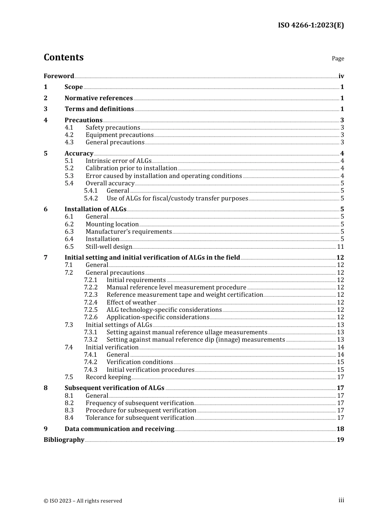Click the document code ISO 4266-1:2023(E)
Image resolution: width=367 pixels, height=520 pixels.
(311, 25)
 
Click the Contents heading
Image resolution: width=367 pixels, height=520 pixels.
(63, 57)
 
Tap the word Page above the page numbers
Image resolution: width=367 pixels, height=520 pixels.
(338, 58)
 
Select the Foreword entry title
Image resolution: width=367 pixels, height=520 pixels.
(59, 76)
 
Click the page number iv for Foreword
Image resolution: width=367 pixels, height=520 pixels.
(341, 76)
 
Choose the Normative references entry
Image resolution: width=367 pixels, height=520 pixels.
(99, 98)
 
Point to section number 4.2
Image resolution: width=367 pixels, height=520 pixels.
(69, 135)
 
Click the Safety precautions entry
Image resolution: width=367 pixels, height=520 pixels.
(113, 128)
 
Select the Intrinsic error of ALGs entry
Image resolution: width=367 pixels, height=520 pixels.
(119, 161)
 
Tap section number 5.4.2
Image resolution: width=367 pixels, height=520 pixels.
(91, 198)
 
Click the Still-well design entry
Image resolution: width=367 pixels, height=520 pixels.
(109, 247)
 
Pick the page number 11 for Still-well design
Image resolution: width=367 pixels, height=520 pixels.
(340, 247)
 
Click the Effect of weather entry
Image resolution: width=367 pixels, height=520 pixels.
(131, 303)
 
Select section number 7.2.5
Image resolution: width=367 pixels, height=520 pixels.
(91, 310)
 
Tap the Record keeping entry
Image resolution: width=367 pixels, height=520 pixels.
(108, 377)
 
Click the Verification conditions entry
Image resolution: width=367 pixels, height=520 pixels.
(139, 362)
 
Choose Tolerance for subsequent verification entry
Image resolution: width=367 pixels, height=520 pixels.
(140, 418)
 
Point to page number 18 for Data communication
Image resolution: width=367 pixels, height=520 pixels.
(340, 429)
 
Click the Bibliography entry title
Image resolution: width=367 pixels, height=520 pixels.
(64, 440)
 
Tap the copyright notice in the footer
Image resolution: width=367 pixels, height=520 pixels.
(83, 501)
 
